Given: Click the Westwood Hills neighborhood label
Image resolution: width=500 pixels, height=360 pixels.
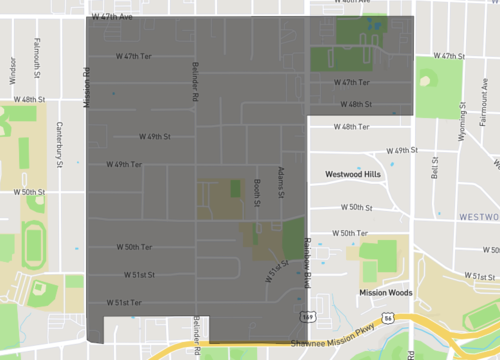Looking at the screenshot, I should (353, 174).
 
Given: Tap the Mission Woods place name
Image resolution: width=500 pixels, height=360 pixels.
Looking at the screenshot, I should (385, 293).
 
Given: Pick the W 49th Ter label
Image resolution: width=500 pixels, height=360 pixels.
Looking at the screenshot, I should (125, 164).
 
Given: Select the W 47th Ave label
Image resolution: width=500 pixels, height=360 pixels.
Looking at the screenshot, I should (111, 17).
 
